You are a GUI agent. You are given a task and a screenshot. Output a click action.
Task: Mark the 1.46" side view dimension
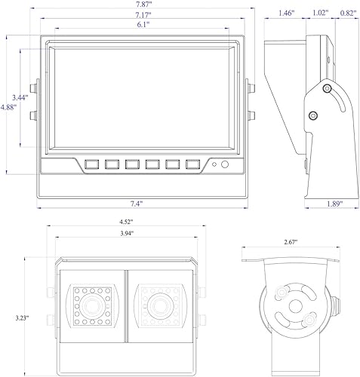[286, 14]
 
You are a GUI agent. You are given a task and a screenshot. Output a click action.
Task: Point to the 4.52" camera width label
[125, 222]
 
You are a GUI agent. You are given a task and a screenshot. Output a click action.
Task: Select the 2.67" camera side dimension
[290, 242]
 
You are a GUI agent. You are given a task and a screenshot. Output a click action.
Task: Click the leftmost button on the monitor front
[94, 163]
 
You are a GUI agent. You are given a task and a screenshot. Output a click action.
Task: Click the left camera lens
[93, 305]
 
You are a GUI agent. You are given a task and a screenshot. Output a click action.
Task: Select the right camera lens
[160, 305]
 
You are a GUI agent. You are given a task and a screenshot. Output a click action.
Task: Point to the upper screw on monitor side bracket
[327, 88]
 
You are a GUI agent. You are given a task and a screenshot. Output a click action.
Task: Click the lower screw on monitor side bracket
[312, 115]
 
